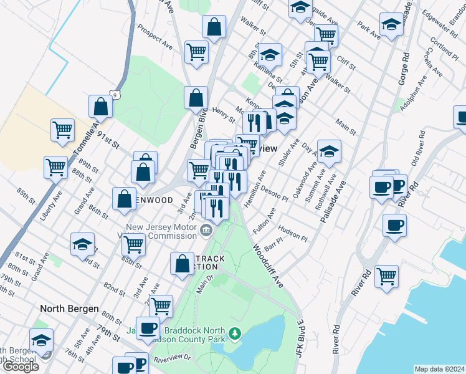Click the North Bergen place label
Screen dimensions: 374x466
click(x=69, y=309)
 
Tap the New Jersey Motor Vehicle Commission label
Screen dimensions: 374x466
click(x=161, y=231)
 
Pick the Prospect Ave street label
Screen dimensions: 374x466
click(x=155, y=37)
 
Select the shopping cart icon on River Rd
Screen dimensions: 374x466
click(x=386, y=276)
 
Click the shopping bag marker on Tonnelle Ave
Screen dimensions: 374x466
click(x=100, y=107)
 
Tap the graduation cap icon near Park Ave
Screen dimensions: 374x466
click(x=391, y=25)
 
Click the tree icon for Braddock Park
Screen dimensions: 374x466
click(x=235, y=333)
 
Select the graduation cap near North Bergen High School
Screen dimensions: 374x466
click(x=42, y=340)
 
